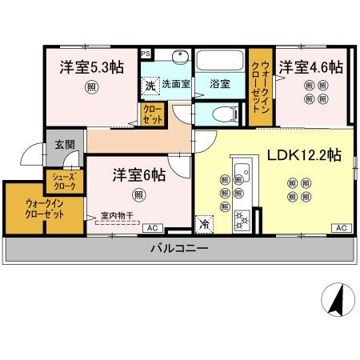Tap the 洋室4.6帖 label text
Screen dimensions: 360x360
coord(310,66)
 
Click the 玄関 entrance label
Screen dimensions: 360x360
coord(63,146)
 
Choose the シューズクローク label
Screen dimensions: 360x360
coord(64,182)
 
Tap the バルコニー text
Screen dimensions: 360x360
coord(179,249)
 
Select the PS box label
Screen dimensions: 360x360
coord(145,54)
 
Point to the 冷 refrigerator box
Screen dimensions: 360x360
coord(206,226)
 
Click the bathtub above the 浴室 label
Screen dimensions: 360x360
coord(218,62)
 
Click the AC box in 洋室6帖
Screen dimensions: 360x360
coord(150,228)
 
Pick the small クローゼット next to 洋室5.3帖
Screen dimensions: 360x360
coord(151,114)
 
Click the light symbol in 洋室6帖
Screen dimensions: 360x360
coord(140,195)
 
